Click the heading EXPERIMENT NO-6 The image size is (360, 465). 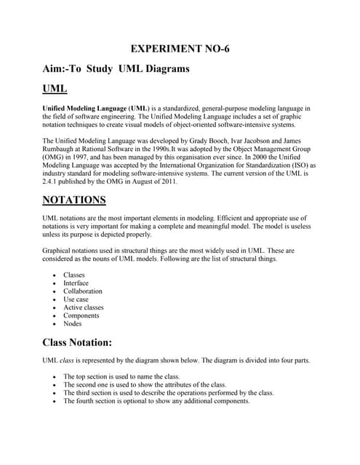coord(180,49)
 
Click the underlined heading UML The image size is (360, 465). coord(55,89)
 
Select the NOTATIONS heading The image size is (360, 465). coord(75,199)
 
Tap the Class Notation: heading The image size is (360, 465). coord(77,342)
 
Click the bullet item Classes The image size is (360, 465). coord(74,275)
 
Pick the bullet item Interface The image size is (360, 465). coord(76,283)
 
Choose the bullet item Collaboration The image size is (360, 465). coord(83,291)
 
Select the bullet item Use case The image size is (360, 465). coord(76,299)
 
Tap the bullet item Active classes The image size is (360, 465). coord(83,307)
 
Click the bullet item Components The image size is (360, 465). coord(81,315)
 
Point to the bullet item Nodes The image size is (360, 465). coord(73,323)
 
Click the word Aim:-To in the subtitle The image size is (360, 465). coord(63,69)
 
